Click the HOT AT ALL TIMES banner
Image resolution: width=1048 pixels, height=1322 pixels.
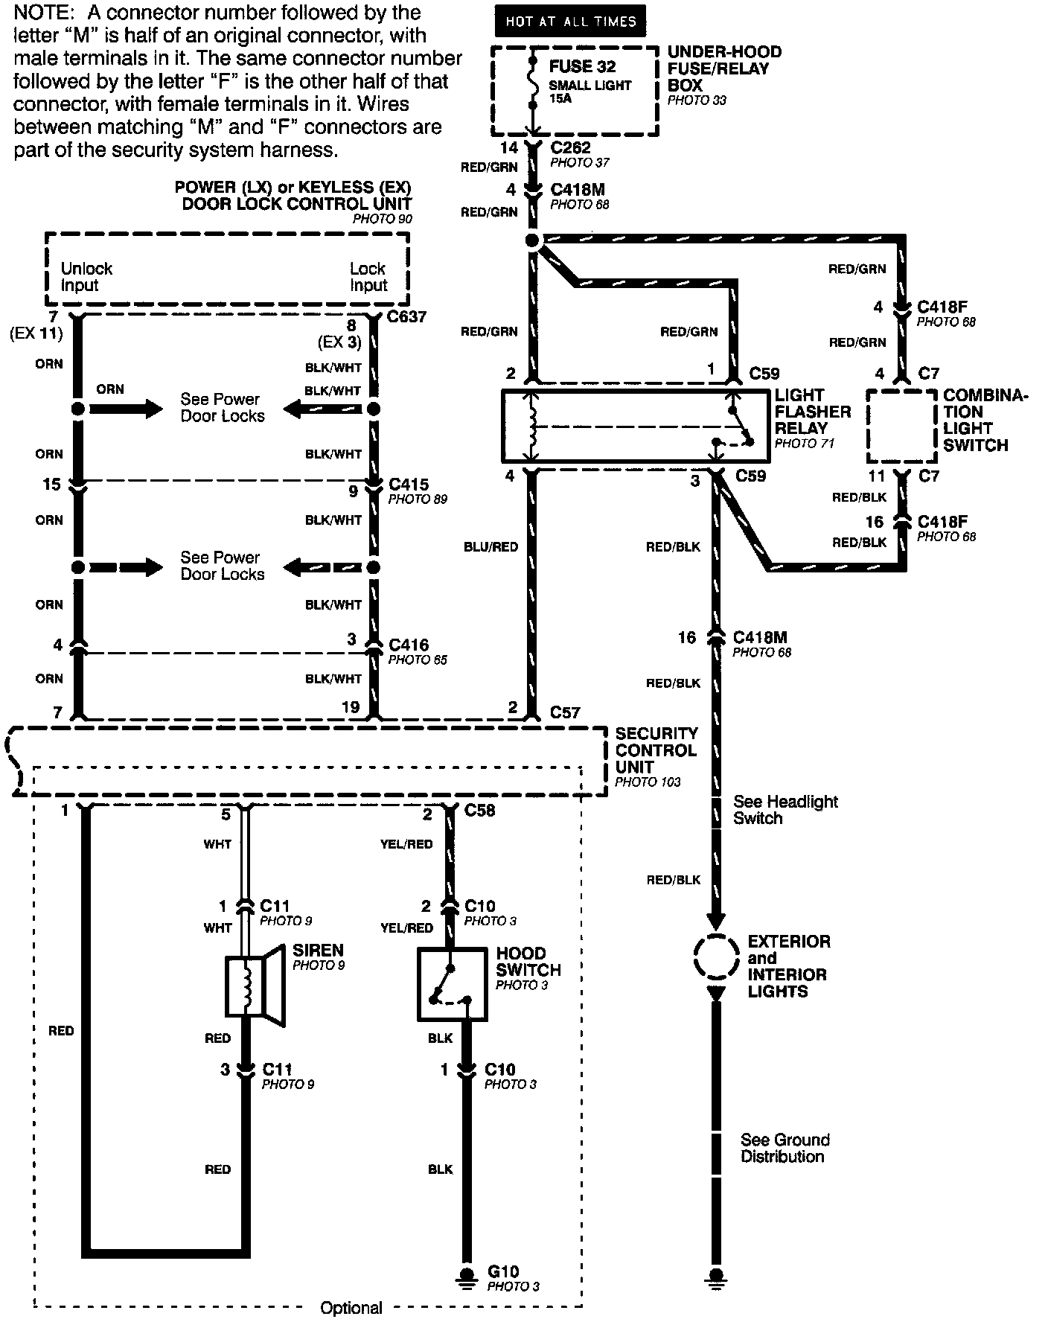(x=571, y=22)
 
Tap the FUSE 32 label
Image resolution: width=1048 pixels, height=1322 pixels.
(x=582, y=67)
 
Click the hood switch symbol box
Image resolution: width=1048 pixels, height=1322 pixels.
(x=452, y=983)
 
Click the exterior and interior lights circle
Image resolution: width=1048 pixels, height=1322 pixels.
(x=715, y=957)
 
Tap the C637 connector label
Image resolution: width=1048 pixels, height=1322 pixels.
(x=408, y=317)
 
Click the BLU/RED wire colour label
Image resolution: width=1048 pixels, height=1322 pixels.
(x=491, y=546)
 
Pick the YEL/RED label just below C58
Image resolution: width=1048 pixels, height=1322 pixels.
(x=406, y=844)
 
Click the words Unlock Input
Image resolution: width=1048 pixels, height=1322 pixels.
(x=86, y=277)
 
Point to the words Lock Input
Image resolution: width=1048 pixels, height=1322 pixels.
(x=368, y=277)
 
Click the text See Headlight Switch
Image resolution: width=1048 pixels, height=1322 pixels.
(x=785, y=810)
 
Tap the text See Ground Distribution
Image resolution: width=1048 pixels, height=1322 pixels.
(x=785, y=1148)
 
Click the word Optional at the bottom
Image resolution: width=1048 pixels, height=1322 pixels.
(x=351, y=1308)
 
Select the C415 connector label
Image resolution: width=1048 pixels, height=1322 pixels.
(x=409, y=485)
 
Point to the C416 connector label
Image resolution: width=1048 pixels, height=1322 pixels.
(x=409, y=645)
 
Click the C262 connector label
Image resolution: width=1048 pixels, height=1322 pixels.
(x=571, y=147)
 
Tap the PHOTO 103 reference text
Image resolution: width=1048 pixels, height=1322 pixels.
(x=648, y=782)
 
